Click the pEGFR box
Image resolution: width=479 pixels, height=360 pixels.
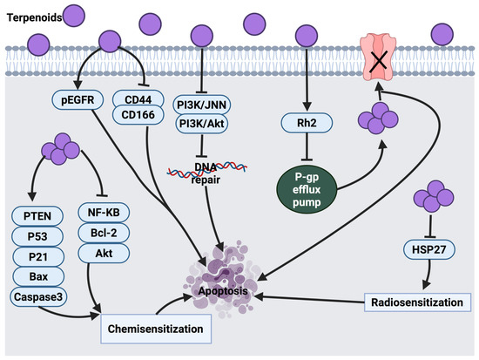click(x=78, y=100)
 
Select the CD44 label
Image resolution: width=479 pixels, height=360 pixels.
click(x=138, y=99)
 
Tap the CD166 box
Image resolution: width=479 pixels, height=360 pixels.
click(x=138, y=115)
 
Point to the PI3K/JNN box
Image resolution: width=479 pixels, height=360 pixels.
click(x=202, y=105)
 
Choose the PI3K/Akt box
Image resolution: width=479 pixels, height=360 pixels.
click(x=202, y=124)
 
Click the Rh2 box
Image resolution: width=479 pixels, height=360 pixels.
click(x=307, y=123)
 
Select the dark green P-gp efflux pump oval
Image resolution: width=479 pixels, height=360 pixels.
click(x=307, y=190)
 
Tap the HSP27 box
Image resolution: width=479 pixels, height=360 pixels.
click(x=429, y=249)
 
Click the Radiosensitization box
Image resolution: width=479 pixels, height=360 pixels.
click(x=417, y=302)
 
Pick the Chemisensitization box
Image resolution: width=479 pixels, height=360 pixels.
click(x=156, y=329)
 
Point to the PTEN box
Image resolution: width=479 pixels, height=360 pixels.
click(x=37, y=216)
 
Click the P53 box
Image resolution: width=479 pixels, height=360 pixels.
click(x=37, y=236)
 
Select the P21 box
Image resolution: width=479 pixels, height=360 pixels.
click(x=38, y=256)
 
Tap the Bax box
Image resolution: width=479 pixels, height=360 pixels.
click(x=38, y=276)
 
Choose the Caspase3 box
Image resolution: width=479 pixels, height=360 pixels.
click(x=38, y=296)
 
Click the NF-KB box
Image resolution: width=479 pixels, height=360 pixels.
click(x=104, y=213)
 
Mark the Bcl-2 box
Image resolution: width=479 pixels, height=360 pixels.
click(x=104, y=233)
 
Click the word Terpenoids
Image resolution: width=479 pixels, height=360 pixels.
click(x=35, y=17)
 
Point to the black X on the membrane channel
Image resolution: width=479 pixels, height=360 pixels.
click(x=379, y=62)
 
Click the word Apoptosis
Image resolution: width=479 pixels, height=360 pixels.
click(x=223, y=290)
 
